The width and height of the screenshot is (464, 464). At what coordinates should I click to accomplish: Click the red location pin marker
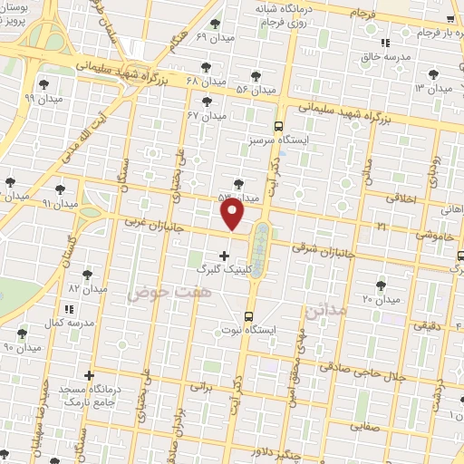233,214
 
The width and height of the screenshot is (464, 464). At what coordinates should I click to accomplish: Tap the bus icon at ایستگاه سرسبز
278,127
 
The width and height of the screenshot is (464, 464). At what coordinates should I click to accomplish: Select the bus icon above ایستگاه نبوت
249,315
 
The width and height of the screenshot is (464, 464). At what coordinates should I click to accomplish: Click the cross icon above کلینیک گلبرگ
224,256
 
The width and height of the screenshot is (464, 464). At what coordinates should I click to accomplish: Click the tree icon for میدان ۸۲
88,273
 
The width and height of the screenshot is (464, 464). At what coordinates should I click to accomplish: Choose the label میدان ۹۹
43,97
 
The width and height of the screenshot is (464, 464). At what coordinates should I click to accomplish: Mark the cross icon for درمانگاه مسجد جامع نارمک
89,375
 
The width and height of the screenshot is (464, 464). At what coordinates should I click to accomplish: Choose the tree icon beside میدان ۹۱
60,188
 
